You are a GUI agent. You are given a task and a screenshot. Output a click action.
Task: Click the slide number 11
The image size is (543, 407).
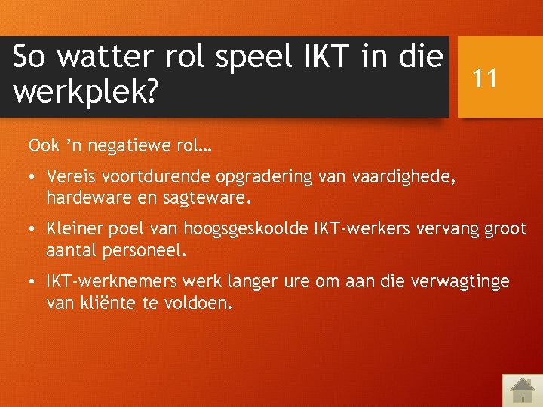[x=485, y=78]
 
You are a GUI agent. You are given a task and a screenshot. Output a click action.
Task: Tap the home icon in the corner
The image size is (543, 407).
[x=521, y=389]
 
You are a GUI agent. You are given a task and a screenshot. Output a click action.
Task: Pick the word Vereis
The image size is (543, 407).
[x=70, y=177]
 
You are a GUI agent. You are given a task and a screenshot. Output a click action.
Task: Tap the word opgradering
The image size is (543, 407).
[x=256, y=177]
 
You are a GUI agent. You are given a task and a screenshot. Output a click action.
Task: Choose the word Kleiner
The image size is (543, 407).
[x=74, y=229]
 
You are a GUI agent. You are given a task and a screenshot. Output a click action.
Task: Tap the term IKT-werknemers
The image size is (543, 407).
[x=104, y=281]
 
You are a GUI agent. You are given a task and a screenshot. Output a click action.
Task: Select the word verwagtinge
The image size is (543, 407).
[x=460, y=281]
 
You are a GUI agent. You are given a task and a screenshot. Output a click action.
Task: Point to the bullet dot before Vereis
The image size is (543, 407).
[x=34, y=178]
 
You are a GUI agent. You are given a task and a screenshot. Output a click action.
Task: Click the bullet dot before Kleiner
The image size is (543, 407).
[x=34, y=230]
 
